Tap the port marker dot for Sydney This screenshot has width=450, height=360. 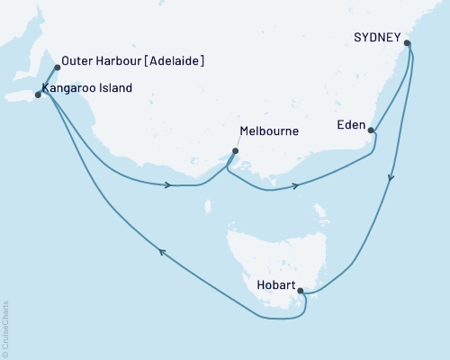pyautogui.click(x=408, y=42)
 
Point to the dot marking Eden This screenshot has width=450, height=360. pyautogui.click(x=372, y=131)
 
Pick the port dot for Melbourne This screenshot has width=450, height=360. pyautogui.click(x=235, y=151)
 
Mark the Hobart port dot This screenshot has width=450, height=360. pyautogui.click(x=301, y=291)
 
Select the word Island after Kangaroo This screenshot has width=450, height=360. pyautogui.click(x=117, y=88)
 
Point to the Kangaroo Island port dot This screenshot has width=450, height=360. pyautogui.click(x=38, y=94)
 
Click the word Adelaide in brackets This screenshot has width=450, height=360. pyautogui.click(x=175, y=62)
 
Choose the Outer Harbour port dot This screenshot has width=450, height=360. pyautogui.click(x=57, y=67)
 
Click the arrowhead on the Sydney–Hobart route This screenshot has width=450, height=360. pyautogui.click(x=390, y=178)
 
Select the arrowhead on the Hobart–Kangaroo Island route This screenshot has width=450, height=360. pyautogui.click(x=162, y=253)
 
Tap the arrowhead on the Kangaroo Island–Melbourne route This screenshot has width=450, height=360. pyautogui.click(x=169, y=185)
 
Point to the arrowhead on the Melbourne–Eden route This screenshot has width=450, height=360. pyautogui.click(x=296, y=187)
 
